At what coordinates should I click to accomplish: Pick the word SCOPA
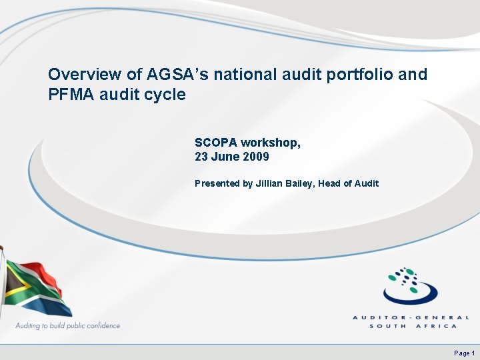[216, 143]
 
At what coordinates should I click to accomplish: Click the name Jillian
[272, 183]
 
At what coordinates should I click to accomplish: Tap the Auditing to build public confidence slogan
[67, 326]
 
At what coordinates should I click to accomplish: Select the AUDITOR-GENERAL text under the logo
[411, 318]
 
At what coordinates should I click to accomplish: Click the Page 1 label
[464, 353]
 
